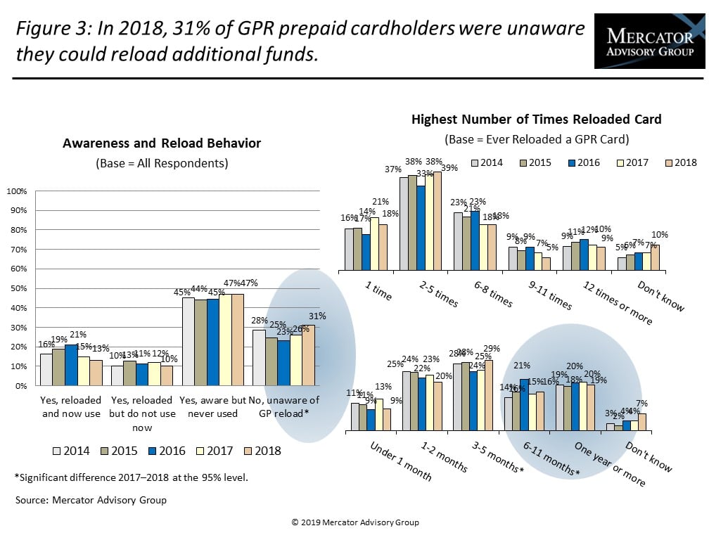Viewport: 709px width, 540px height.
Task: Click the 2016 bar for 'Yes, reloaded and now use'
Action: (71, 365)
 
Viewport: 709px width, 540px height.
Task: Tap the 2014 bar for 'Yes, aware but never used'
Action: (188, 342)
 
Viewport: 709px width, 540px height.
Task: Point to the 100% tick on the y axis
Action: (17, 191)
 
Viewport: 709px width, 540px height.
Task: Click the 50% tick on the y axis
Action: (17, 288)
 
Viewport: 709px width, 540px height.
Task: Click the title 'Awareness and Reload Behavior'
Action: (162, 143)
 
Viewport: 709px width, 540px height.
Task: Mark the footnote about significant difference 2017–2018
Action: (132, 478)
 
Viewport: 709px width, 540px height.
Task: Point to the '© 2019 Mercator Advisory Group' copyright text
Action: (354, 522)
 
